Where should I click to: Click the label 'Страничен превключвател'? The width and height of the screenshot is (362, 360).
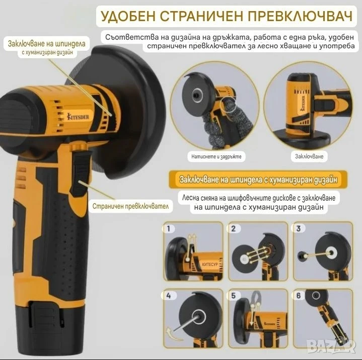[x=130, y=206]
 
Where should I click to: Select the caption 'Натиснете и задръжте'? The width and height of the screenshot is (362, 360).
[x=216, y=156]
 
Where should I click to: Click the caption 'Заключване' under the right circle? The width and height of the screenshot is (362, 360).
[x=309, y=156]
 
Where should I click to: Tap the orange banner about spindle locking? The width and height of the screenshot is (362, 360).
[x=258, y=179]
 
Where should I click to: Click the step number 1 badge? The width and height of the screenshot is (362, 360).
[x=169, y=229]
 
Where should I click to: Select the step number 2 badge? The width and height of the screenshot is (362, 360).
[x=234, y=229]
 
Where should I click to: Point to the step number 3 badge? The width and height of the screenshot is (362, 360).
[x=298, y=229]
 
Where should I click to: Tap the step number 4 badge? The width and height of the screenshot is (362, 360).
[x=169, y=296]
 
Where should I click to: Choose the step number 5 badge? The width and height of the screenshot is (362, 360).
[x=234, y=296]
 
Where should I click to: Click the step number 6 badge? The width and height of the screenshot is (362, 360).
[x=298, y=296]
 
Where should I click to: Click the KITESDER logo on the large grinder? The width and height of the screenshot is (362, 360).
[x=78, y=116]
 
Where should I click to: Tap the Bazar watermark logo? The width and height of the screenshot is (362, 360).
[x=331, y=345]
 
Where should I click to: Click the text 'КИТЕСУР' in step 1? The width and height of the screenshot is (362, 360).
[x=210, y=264]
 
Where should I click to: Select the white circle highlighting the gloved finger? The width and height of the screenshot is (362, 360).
[x=229, y=104]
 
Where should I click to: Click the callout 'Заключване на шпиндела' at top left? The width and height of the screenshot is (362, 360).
[x=46, y=44]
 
